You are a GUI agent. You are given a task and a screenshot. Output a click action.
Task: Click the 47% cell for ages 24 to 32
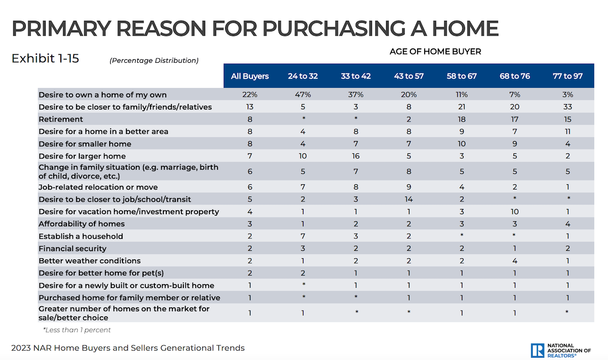[x=303, y=95]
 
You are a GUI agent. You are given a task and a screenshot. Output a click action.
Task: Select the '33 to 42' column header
[x=356, y=76]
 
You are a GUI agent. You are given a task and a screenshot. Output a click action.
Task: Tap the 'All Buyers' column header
[x=250, y=76]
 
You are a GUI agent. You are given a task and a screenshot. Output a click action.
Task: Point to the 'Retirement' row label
[x=61, y=119]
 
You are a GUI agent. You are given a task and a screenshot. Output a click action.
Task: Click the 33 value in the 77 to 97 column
[x=568, y=107]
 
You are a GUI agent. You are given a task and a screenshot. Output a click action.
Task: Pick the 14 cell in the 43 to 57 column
[x=408, y=199]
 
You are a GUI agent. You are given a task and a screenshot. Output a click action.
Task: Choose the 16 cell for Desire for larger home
[x=356, y=156]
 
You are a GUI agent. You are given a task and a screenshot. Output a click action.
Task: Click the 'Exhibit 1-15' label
[x=45, y=58]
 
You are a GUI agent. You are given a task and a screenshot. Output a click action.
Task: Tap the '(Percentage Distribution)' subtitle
[x=154, y=60]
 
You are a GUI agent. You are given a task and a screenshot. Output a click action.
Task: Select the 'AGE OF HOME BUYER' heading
[x=435, y=51]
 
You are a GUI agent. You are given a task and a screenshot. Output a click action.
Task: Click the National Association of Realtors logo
[x=560, y=350]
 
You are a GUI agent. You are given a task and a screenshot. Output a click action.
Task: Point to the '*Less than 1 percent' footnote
[x=77, y=330]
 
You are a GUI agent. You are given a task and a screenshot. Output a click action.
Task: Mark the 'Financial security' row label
[x=73, y=248]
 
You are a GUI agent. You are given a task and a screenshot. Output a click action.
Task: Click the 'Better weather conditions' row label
[x=90, y=261]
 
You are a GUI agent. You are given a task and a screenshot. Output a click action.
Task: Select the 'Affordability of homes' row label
[x=82, y=224]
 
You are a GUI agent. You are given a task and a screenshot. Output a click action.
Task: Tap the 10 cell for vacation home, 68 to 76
[x=515, y=212]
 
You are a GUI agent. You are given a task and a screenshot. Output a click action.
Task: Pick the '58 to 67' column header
[x=462, y=76]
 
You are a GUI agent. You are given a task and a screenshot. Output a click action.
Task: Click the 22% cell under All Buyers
[x=250, y=95]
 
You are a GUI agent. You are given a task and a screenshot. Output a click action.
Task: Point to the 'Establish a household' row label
[x=81, y=236]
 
